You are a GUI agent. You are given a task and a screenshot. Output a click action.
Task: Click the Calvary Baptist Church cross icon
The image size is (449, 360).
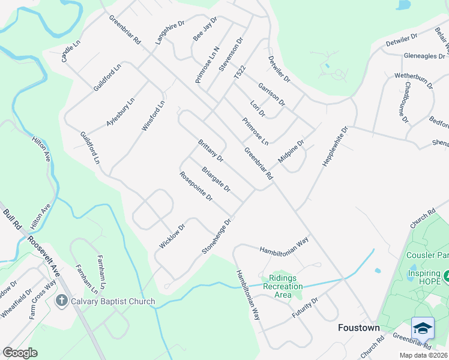click(x=61, y=301)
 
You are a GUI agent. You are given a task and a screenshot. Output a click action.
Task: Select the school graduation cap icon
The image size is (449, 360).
click(x=423, y=328)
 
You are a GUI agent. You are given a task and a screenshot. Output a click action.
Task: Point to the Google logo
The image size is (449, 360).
click(x=20, y=353)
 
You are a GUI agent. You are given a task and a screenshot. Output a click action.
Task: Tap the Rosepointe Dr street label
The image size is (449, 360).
click(x=196, y=186)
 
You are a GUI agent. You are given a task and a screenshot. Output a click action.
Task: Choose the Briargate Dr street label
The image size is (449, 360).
click(x=216, y=179)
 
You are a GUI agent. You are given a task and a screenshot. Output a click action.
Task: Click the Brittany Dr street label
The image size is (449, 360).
click(x=211, y=151)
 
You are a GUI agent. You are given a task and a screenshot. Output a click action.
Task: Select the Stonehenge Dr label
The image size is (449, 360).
click(x=217, y=235)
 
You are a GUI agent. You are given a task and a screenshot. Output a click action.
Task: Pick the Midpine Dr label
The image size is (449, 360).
click(x=292, y=151)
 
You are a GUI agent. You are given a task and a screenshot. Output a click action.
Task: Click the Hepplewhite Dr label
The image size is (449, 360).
click(x=336, y=146)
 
